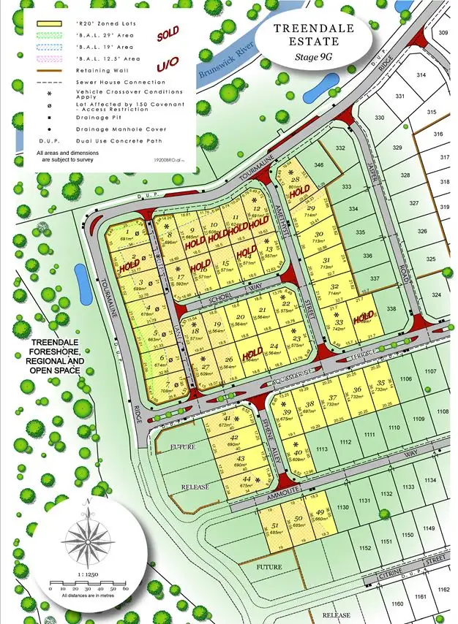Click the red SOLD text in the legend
167,34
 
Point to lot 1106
406,378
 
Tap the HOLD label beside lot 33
363,318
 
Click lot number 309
443,33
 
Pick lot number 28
296,179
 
